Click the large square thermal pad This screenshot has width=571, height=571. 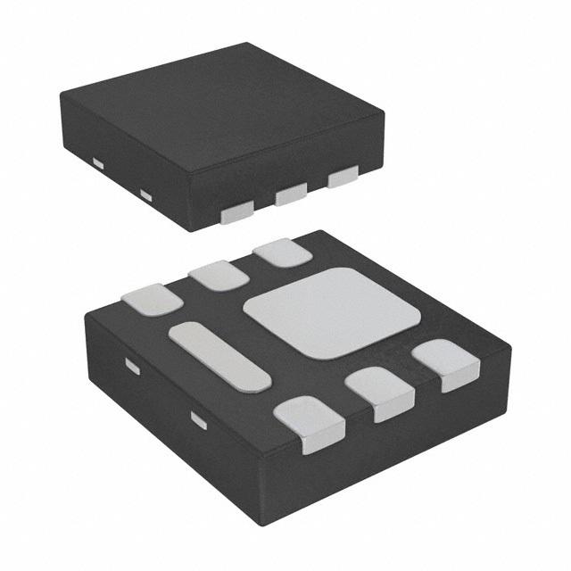point(331,312)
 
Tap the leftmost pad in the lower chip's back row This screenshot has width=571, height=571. point(152,299)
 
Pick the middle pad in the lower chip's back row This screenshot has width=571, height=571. point(217,275)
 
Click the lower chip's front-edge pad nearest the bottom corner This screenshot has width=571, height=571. point(309,424)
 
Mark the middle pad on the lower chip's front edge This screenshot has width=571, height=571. point(379,393)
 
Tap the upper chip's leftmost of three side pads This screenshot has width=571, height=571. point(236,212)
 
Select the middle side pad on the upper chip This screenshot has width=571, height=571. point(291,194)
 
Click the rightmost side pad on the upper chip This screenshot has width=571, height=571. point(343,178)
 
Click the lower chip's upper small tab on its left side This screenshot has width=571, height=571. point(132,366)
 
